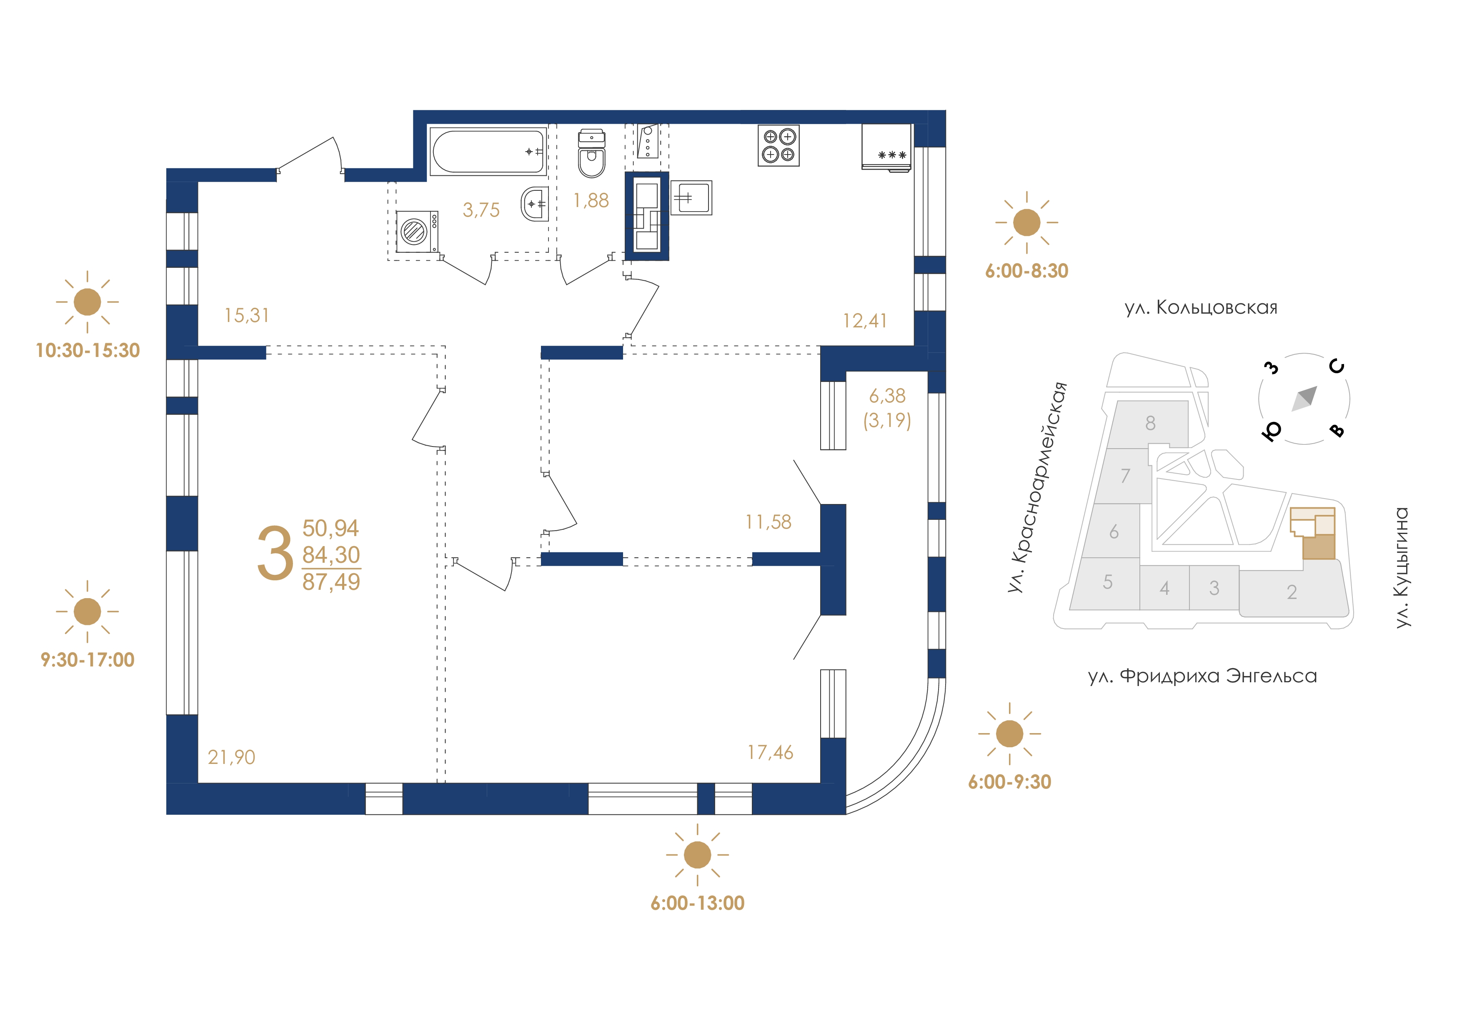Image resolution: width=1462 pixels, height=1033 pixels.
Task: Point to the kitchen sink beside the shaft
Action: point(691,197)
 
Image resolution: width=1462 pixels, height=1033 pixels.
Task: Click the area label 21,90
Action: point(231,757)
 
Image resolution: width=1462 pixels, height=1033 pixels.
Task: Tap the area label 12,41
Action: point(865,320)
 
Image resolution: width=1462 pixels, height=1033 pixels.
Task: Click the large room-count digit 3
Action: point(275,553)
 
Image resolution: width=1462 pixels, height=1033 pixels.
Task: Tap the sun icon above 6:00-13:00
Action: point(697,855)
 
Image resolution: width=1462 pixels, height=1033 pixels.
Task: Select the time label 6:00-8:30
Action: point(1026,271)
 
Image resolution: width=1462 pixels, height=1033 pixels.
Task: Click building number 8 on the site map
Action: point(1150,423)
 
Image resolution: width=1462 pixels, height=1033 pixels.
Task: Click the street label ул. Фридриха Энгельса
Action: point(1202,676)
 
